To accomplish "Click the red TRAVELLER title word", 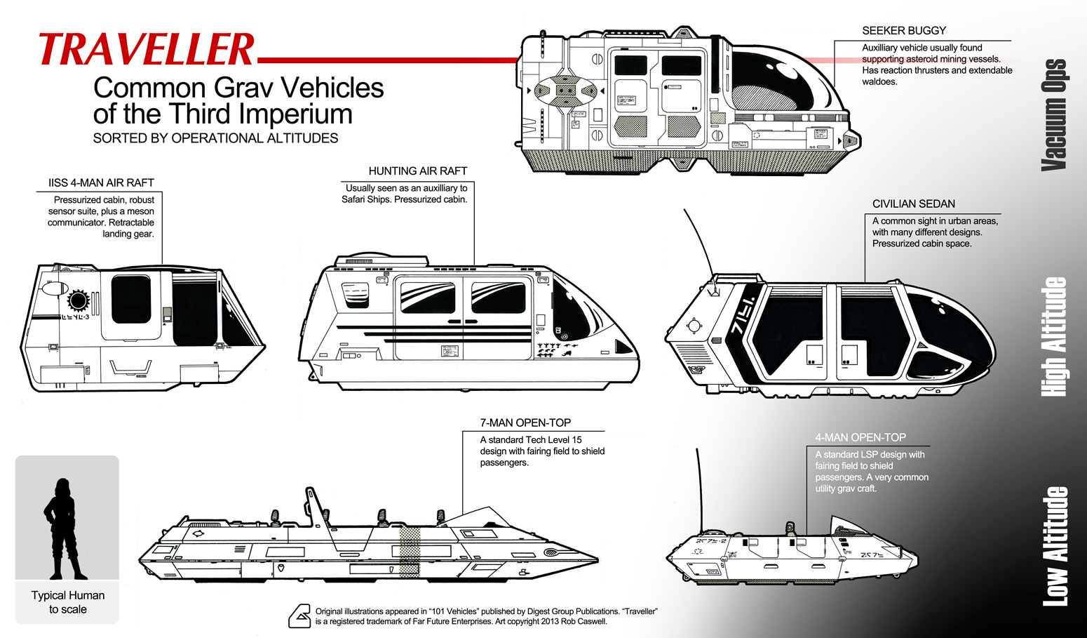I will point(146,51).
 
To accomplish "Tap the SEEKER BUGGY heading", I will point(903,31).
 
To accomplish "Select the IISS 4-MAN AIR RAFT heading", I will point(101,182).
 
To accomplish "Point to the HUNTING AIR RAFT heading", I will point(417,171).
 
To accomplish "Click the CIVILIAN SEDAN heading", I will point(913,204).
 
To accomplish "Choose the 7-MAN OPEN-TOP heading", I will point(525,423).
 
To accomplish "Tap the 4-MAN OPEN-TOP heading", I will point(860,437).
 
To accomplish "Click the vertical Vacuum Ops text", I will point(1054,114).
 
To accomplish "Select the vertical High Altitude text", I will point(1054,336).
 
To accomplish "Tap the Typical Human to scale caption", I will point(68,602).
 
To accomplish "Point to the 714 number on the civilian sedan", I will point(743,316).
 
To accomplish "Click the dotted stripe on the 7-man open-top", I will point(410,551).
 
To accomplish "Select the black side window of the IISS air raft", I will point(131,299).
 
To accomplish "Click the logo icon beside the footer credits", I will point(299,616).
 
